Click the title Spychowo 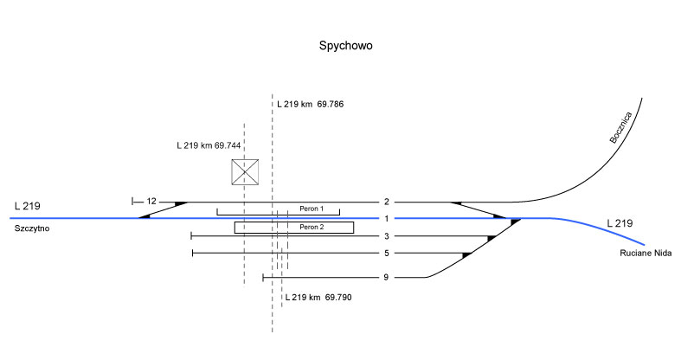click(345, 45)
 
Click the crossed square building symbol click(246, 172)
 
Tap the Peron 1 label click(311, 209)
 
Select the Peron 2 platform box click(294, 227)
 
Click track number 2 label click(388, 202)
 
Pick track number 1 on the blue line click(388, 218)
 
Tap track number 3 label click(388, 235)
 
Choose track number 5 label click(388, 253)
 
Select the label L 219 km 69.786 click(311, 104)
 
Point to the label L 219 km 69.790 click(318, 298)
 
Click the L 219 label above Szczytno click(28, 206)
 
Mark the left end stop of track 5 click(192, 253)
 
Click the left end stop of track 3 click(191, 235)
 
